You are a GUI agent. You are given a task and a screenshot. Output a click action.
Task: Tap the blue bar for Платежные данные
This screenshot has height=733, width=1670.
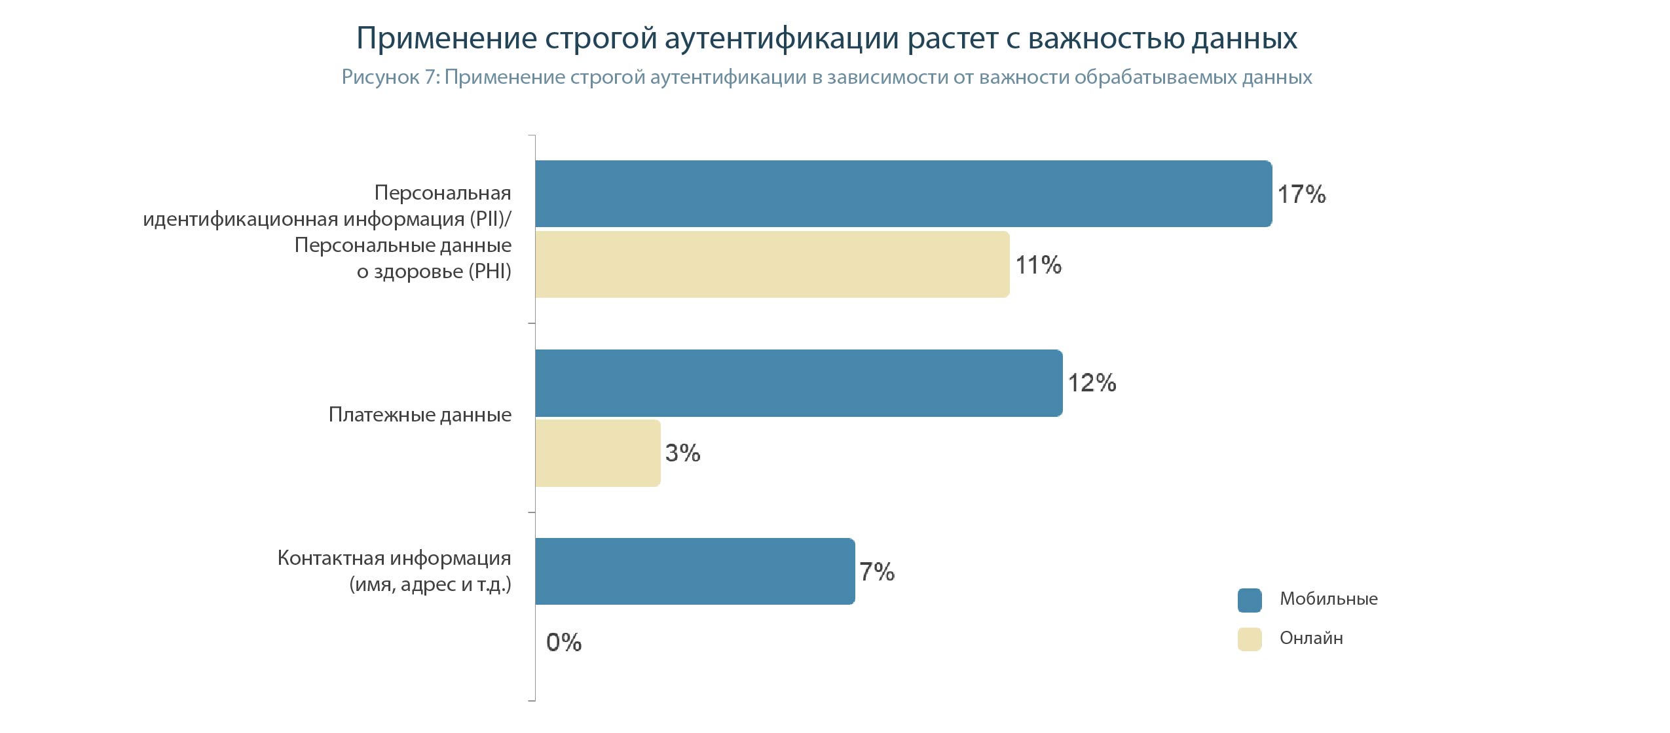[798, 383]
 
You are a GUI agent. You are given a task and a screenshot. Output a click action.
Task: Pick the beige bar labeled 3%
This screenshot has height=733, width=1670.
[597, 453]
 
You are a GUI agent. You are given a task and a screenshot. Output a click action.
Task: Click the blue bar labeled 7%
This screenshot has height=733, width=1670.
[694, 571]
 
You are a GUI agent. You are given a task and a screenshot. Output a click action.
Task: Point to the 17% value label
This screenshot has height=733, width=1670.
[1301, 194]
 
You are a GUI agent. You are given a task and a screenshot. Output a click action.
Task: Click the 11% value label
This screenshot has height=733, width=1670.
[1038, 265]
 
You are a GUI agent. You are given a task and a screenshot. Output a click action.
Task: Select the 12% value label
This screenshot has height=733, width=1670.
[1092, 383]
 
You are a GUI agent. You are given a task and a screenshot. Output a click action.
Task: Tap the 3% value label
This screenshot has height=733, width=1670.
[682, 453]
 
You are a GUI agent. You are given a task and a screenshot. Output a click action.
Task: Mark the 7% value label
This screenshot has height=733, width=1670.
[877, 572]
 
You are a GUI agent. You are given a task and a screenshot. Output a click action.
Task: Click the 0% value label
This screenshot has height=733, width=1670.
[563, 642]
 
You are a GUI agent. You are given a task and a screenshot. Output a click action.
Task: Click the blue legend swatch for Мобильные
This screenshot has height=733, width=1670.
[1249, 600]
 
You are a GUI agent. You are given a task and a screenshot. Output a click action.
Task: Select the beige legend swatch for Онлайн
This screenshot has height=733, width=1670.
[1249, 639]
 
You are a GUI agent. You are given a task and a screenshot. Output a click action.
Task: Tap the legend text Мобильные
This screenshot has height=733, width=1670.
[1328, 599]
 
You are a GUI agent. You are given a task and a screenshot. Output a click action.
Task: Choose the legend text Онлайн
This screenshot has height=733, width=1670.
[1311, 638]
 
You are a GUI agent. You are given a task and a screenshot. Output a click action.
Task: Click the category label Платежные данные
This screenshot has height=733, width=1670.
[420, 415]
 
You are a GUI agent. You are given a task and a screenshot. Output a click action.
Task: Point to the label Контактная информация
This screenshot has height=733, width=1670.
[394, 558]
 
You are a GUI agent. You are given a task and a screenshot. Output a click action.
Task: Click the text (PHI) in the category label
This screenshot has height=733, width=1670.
[489, 271]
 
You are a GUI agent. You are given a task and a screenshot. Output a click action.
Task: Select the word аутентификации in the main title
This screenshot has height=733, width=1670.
[781, 38]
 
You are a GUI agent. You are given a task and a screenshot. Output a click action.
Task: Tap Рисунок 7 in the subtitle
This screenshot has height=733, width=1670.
[389, 77]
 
